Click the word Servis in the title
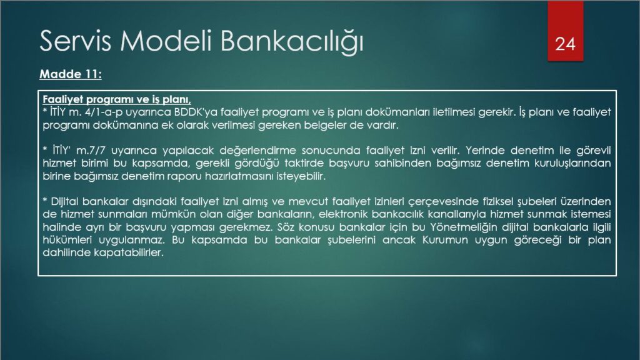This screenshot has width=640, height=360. click(x=75, y=41)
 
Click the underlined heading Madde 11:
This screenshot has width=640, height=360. click(x=71, y=74)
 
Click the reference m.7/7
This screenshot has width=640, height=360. click(x=91, y=151)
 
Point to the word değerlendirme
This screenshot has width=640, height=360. click(x=257, y=151)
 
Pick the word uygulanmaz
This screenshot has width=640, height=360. click(x=132, y=240)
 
